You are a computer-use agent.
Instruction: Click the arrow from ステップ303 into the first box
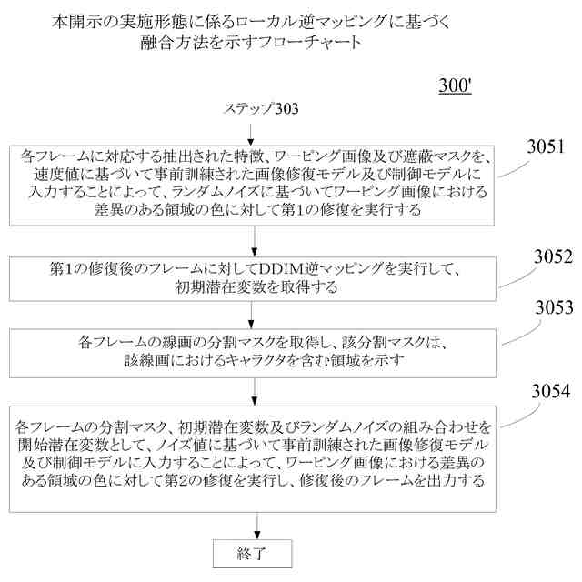click(256, 130)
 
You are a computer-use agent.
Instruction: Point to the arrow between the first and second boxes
click(256, 239)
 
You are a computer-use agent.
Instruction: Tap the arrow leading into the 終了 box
click(256, 527)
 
